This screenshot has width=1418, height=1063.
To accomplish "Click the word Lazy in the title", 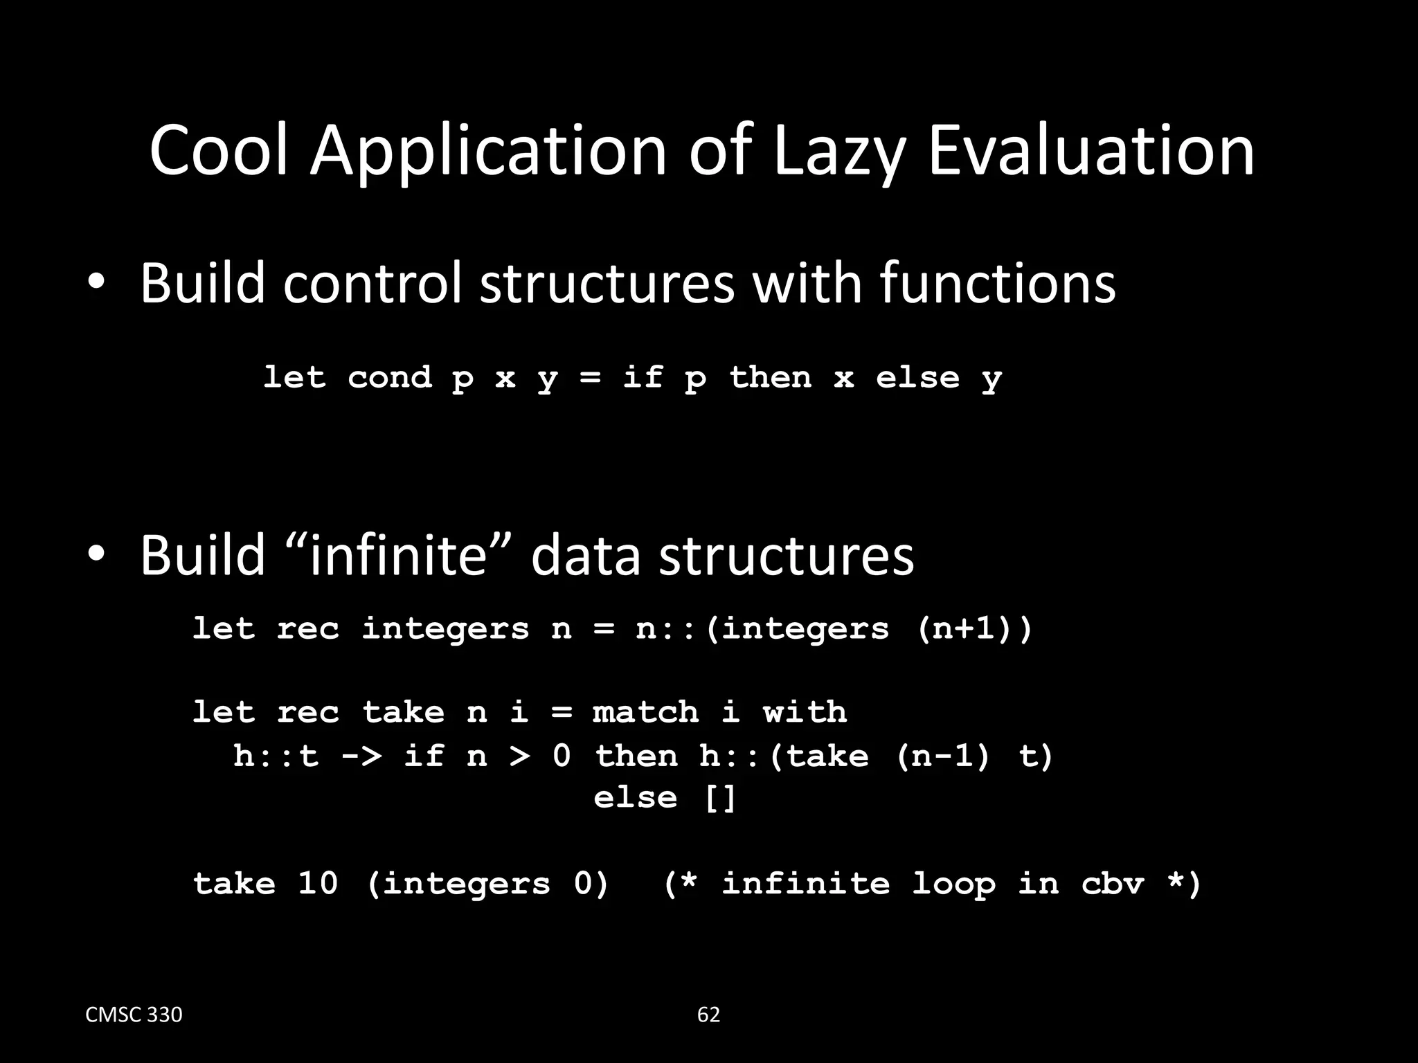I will tap(838, 152).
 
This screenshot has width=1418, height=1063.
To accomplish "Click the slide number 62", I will tap(708, 1015).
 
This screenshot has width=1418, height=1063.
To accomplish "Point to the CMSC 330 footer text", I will tap(134, 1015).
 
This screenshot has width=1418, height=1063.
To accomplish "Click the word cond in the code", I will tap(389, 378).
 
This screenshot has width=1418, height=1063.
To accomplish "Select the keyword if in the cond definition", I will tap(643, 378).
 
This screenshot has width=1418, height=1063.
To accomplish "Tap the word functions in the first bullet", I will tap(998, 283).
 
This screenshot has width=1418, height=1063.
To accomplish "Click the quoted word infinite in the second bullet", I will tap(397, 555).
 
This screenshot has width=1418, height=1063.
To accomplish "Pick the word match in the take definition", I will tap(645, 712).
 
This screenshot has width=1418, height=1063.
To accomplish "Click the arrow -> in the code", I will tap(361, 755).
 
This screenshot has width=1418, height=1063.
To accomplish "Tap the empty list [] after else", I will tap(720, 798).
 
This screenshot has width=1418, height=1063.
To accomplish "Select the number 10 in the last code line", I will tap(318, 884).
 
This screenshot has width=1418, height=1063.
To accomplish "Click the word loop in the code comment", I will tap(953, 884).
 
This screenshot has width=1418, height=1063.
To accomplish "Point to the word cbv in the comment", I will tap(1112, 884).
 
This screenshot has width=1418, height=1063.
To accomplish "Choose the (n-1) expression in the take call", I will tap(943, 755).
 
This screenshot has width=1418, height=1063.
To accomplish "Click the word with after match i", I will tap(805, 712).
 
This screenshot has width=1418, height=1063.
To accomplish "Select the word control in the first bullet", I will tap(372, 283).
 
